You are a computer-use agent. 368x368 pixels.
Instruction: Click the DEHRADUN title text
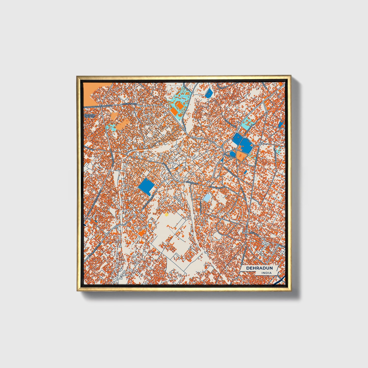coord(259,268)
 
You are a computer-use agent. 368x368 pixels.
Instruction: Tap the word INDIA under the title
coord(266,273)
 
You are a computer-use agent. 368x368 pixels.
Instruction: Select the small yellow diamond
coord(167,215)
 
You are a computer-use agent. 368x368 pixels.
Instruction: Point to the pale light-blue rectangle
coord(207,197)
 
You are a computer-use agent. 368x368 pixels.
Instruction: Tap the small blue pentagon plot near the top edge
coord(209,93)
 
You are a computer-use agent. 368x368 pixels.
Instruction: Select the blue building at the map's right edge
coord(281,124)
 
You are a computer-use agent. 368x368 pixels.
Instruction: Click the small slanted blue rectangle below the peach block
coord(245,172)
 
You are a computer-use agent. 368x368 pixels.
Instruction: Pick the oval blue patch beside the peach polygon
coord(233,154)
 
